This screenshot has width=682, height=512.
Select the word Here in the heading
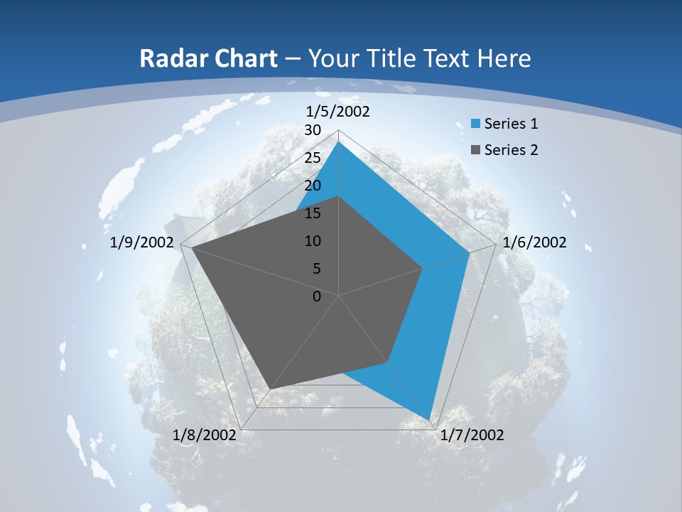[x=504, y=58]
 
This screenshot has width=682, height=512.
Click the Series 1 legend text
[x=511, y=124]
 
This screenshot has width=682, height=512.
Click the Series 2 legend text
[x=511, y=150]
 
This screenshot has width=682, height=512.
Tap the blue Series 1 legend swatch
[x=476, y=124]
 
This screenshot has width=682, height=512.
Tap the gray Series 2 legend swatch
[x=476, y=150]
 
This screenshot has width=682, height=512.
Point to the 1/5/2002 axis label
[x=337, y=112]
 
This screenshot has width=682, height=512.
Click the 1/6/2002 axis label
[x=534, y=242]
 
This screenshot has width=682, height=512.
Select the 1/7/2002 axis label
[x=472, y=435]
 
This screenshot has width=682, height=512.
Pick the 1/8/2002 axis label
[x=205, y=435]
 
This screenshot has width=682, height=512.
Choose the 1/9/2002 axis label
[x=142, y=242]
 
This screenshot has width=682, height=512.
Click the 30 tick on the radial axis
[x=313, y=130]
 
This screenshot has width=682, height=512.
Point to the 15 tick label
[x=313, y=213]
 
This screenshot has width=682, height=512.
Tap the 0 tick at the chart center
[x=317, y=297]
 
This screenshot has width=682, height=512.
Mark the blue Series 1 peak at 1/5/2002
[x=339, y=142]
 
